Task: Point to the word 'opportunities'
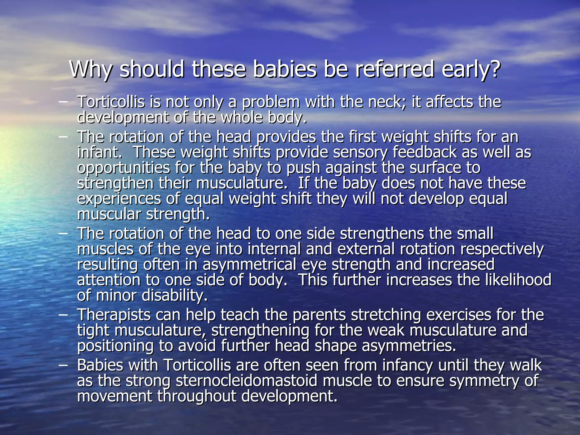(123, 168)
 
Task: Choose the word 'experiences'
(119, 199)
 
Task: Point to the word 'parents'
(319, 315)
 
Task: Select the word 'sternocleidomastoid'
(246, 381)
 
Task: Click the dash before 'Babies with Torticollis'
(63, 365)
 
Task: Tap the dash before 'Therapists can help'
(63, 315)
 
